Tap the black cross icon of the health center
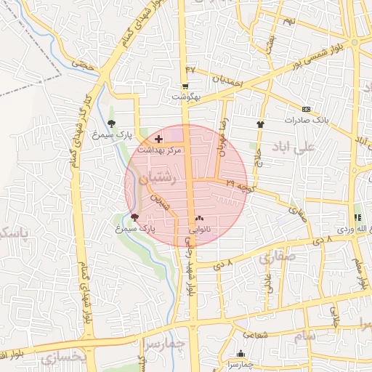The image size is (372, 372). click(159, 137)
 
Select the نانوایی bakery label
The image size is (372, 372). click(200, 228)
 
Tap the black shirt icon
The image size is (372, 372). click(260, 124)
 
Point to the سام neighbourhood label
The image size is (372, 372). click(306, 336)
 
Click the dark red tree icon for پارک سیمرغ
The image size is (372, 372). click(134, 217)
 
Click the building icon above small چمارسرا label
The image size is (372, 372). click(240, 354)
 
